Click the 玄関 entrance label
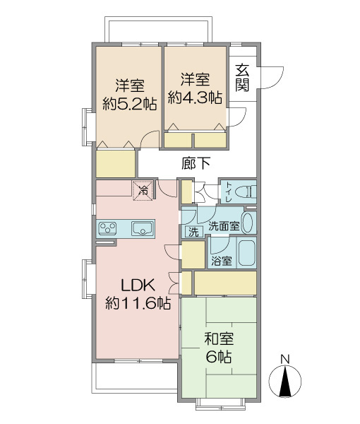(243, 77)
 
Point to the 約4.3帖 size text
(195, 98)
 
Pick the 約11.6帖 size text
(138, 303)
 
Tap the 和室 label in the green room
(218, 338)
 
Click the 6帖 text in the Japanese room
(218, 357)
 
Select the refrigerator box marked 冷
(143, 189)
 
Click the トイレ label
(228, 192)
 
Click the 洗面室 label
(223, 227)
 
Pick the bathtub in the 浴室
(247, 253)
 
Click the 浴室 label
(221, 261)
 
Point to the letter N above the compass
(284, 358)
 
